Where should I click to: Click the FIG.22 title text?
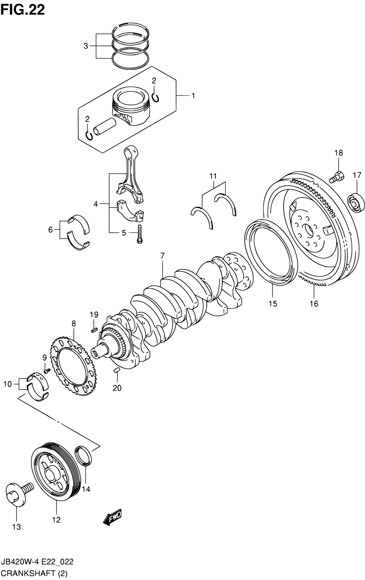23,10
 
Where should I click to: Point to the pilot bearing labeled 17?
356,203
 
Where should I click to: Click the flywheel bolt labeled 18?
337,177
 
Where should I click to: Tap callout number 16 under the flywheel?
314,304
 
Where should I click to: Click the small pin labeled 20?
116,370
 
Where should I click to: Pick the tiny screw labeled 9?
47,371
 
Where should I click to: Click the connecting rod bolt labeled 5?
140,234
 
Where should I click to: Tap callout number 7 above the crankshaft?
162,256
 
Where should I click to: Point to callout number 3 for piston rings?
86,46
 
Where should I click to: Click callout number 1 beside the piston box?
193,96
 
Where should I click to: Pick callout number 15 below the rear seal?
273,304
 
